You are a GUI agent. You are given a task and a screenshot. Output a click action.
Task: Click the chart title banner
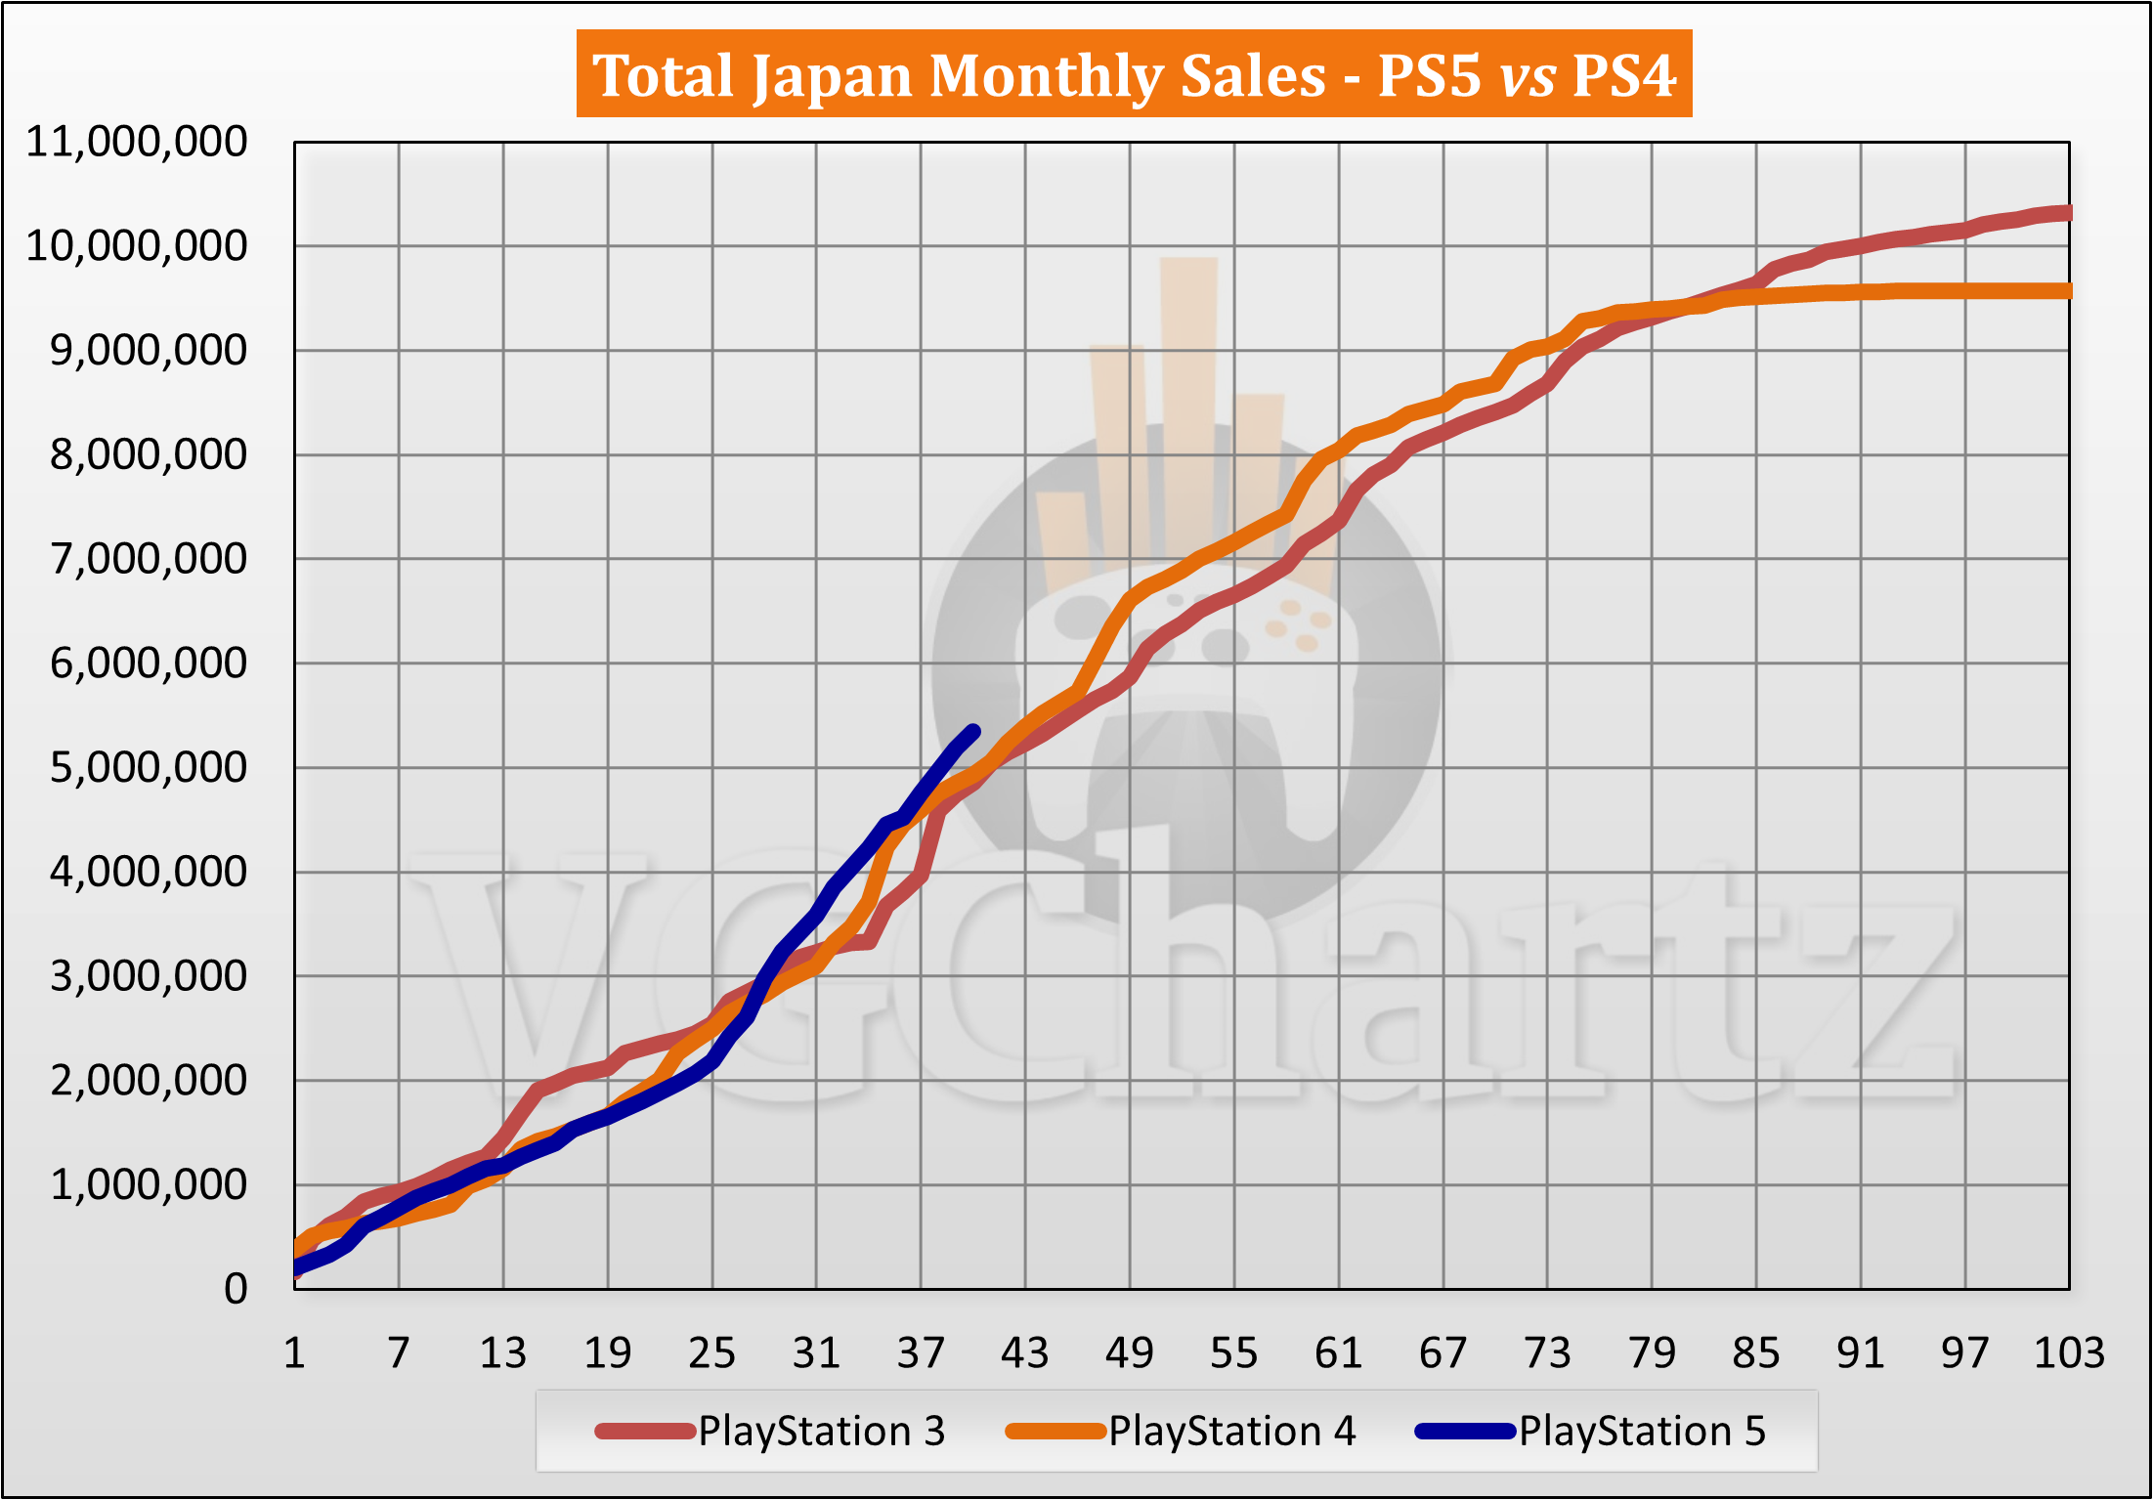click(x=1134, y=74)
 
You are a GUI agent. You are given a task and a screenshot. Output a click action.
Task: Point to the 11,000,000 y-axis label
click(x=137, y=143)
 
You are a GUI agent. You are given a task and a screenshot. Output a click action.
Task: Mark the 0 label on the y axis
click(x=236, y=1290)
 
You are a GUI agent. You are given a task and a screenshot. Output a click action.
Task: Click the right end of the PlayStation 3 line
click(x=2067, y=213)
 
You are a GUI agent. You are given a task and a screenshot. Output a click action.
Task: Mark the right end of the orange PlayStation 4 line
click(x=2067, y=291)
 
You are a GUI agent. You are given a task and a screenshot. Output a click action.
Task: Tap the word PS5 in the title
click(x=1429, y=76)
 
